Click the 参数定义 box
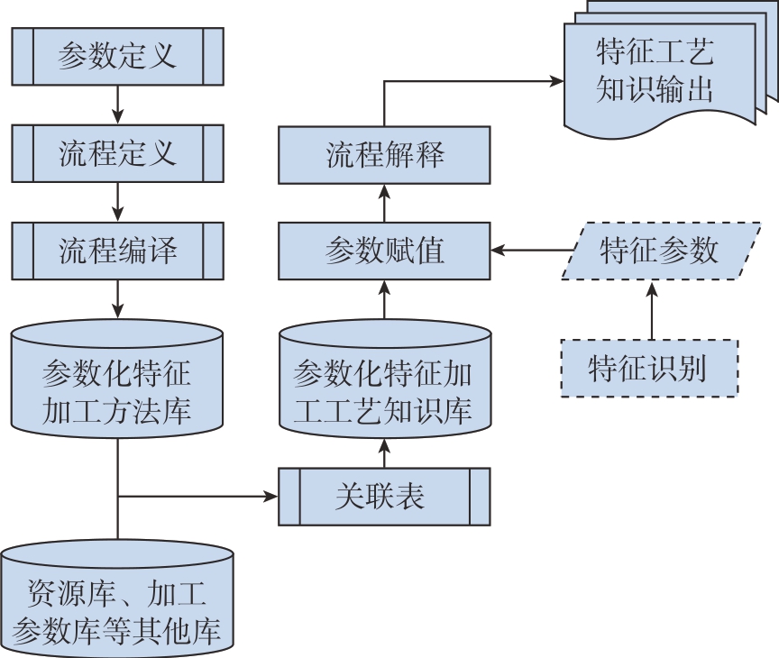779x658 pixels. (x=117, y=57)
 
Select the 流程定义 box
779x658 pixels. (x=117, y=153)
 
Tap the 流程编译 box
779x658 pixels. (x=117, y=250)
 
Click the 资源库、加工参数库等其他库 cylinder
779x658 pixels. (x=117, y=599)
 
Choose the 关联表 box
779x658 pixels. (x=384, y=497)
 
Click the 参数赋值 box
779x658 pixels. (x=384, y=251)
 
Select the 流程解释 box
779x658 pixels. (x=384, y=154)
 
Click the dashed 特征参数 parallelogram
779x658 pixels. (x=659, y=251)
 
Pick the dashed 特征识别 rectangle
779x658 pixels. (x=649, y=368)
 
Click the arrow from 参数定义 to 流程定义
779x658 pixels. (x=117, y=105)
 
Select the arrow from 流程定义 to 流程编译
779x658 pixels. (x=117, y=201)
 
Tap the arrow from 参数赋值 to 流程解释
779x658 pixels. (x=384, y=203)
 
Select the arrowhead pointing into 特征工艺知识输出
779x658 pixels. (x=556, y=81)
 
